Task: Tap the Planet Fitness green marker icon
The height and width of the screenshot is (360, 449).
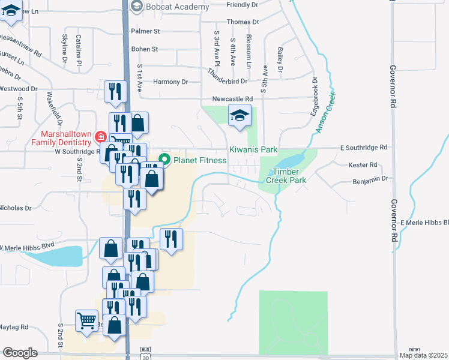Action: click(163, 160)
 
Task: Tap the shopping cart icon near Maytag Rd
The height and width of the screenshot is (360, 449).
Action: click(86, 320)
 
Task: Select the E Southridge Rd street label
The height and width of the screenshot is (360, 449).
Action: click(364, 147)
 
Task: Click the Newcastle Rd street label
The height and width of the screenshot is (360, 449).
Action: click(232, 99)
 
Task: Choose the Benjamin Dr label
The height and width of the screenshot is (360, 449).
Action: click(371, 178)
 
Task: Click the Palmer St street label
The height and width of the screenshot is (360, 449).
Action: click(146, 31)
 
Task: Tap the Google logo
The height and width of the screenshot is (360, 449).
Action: click(20, 353)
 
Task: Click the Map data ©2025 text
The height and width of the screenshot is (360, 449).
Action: click(424, 356)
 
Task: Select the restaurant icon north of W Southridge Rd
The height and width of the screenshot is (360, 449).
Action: click(114, 91)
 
